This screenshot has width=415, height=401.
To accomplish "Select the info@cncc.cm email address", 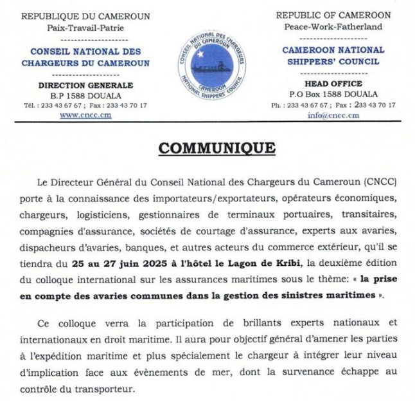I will coord(333,115).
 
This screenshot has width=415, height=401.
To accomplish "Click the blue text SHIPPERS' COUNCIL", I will coord(333,62).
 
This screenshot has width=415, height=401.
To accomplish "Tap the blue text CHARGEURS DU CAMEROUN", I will coord(85,63).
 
